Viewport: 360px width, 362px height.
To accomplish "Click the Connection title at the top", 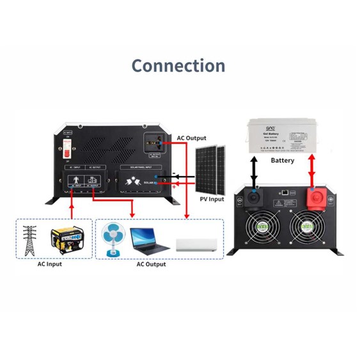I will [x=178, y=66].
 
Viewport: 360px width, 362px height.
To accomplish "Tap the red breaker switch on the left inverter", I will [x=65, y=149].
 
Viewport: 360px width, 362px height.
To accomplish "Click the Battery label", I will [x=283, y=161].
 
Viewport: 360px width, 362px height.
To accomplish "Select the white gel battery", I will [x=284, y=136].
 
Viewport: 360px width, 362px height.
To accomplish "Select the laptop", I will [x=150, y=241].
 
